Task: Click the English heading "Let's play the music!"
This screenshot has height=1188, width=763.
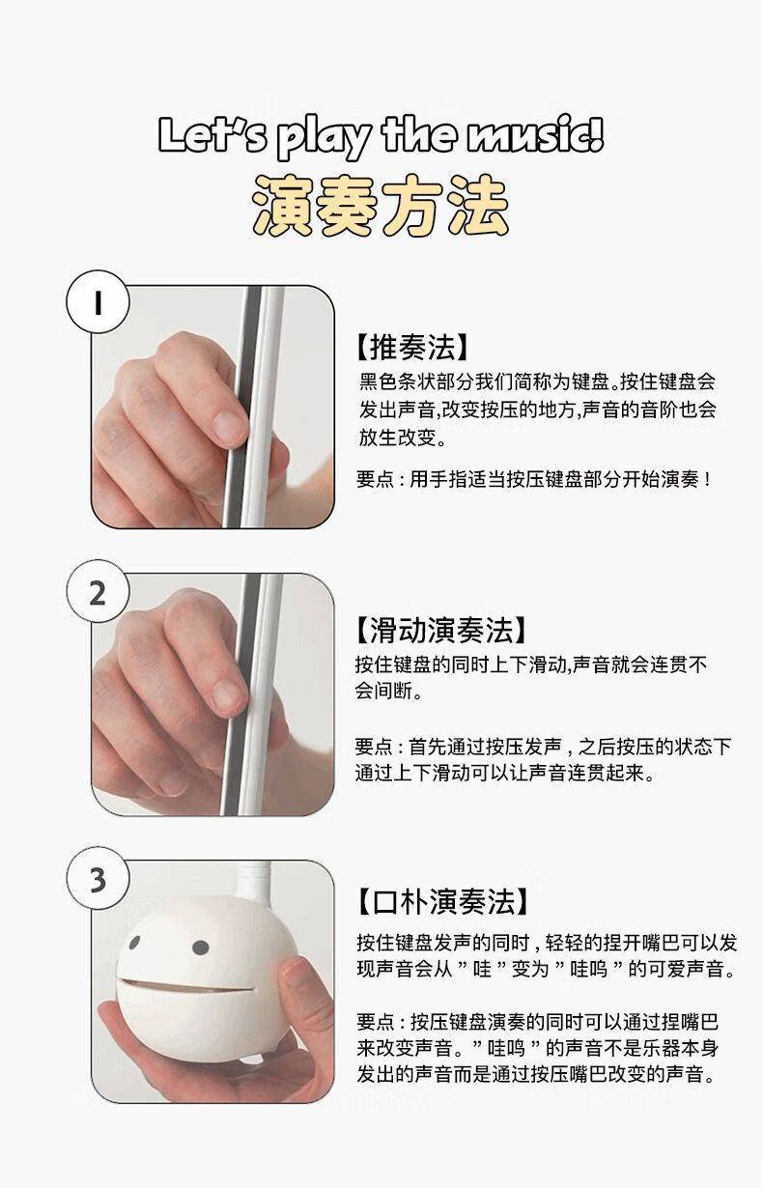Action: tap(381, 136)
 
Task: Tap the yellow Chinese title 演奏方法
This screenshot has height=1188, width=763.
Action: tap(381, 208)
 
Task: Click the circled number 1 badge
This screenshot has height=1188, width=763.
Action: tap(98, 302)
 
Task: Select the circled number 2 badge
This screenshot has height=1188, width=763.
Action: tap(98, 592)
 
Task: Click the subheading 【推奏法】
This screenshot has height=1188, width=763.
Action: tap(412, 347)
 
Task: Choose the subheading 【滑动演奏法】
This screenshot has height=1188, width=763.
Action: tap(441, 630)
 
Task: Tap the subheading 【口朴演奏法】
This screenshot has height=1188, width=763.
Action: tap(442, 901)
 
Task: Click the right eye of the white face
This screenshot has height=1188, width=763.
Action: tap(201, 948)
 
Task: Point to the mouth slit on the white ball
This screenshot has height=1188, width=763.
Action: tap(185, 986)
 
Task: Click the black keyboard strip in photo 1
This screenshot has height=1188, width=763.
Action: tap(242, 406)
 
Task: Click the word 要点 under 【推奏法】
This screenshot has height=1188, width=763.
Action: tap(375, 479)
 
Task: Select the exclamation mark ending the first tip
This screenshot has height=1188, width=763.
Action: tap(707, 479)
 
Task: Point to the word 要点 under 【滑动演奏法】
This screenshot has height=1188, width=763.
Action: tap(374, 747)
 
